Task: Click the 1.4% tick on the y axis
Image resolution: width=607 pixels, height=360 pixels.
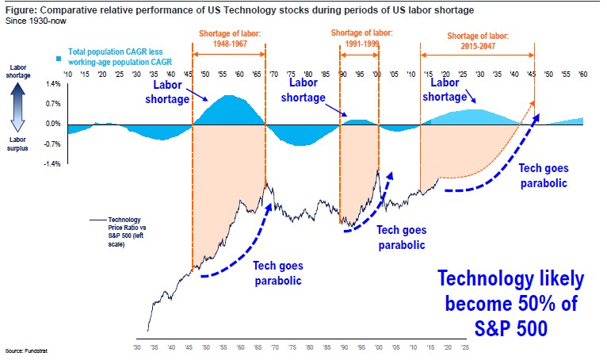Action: click(x=53, y=83)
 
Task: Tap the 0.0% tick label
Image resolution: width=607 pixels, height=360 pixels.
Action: click(x=53, y=123)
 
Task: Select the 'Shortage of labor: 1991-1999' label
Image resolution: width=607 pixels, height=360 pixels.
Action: click(x=358, y=41)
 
